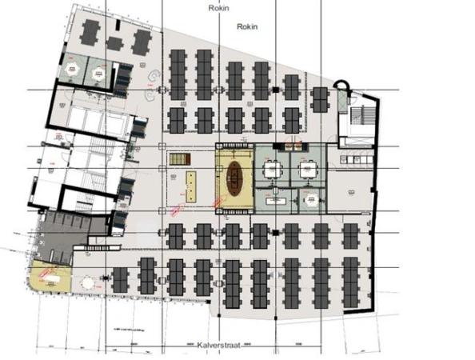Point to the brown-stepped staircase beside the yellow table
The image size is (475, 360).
[x=174, y=159]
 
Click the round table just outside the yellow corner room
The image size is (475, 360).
[x=86, y=282]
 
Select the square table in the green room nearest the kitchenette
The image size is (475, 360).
[x=308, y=169]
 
